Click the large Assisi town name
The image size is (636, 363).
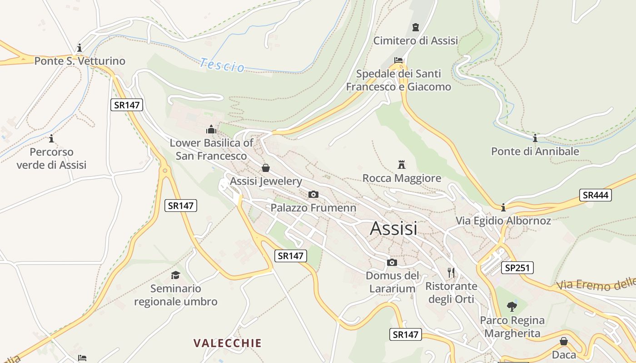click(393, 228)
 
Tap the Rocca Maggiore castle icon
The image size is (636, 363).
click(402, 164)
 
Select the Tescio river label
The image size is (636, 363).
click(222, 65)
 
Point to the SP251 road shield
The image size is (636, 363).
click(517, 268)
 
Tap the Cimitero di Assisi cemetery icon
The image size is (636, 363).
click(415, 27)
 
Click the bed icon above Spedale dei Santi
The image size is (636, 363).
click(398, 60)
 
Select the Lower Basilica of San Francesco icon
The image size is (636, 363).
click(211, 129)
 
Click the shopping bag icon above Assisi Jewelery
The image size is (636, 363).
click(266, 168)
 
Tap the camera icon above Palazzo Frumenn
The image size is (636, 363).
click(313, 195)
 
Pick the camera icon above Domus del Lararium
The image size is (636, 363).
click(392, 262)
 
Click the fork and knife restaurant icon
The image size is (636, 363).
click(451, 272)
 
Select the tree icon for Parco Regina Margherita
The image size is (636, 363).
click(512, 307)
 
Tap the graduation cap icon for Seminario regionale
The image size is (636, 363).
click(175, 275)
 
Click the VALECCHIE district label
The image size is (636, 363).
click(228, 343)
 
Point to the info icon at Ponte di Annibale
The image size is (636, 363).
click(535, 138)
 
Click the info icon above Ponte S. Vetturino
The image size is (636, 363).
click(79, 48)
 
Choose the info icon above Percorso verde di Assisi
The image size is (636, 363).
click(51, 138)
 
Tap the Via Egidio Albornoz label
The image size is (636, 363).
click(503, 221)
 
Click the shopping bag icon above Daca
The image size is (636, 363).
click(564, 341)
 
